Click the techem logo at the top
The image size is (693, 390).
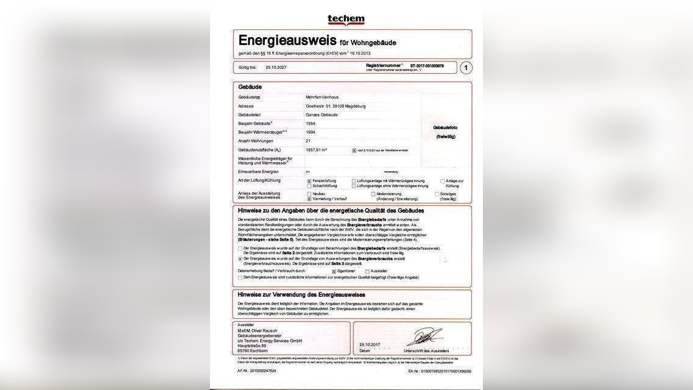(x=346, y=20)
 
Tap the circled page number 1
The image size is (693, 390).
(x=465, y=68)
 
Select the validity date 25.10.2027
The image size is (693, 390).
(x=276, y=67)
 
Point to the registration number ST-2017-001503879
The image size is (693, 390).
(x=427, y=65)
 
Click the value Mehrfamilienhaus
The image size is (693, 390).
(x=322, y=97)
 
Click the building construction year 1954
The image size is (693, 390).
(x=311, y=123)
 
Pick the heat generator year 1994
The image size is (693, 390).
(x=311, y=132)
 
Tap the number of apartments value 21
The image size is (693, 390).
(x=308, y=141)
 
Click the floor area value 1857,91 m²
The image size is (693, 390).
(x=316, y=149)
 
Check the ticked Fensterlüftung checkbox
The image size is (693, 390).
(x=309, y=181)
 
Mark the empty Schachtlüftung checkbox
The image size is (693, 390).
(x=309, y=186)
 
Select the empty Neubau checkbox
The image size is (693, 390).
(x=309, y=194)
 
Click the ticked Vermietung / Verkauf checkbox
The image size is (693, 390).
(x=309, y=199)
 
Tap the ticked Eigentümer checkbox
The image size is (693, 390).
(x=334, y=271)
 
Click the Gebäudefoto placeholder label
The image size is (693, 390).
(x=445, y=127)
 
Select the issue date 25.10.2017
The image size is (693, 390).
(x=369, y=345)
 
